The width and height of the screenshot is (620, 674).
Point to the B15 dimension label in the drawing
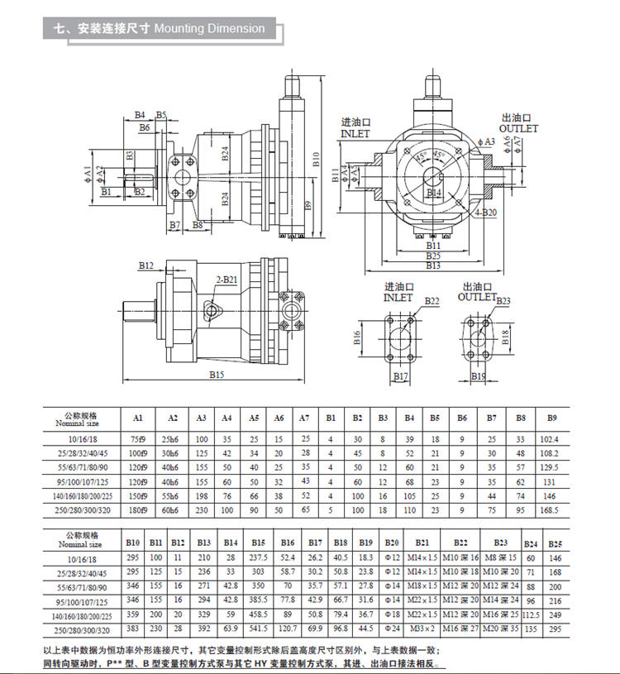click(217, 375)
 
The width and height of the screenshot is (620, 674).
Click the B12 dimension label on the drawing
click(146, 266)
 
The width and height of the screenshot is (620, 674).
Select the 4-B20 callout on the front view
click(486, 213)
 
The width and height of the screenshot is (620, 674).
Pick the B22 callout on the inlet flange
click(432, 300)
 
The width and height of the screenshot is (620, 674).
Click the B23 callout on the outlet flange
click(503, 300)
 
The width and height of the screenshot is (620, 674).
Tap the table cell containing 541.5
click(260, 629)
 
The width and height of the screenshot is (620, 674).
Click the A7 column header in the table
click(304, 418)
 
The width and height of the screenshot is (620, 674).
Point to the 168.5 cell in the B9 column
click(550, 510)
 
